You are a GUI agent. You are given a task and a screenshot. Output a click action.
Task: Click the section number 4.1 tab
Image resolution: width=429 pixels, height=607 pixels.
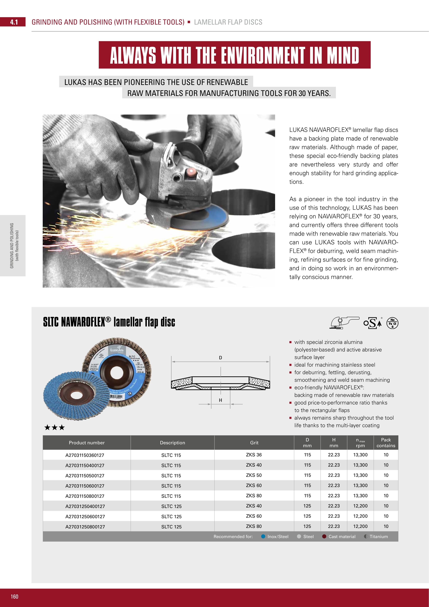pos(14,22)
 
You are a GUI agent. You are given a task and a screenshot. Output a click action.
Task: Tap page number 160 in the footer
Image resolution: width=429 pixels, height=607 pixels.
pos(15,596)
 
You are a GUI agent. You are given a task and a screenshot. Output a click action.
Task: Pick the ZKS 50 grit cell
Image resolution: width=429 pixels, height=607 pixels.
pos(254,475)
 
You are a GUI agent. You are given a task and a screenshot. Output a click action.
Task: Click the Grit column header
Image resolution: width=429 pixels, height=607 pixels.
pos(254,443)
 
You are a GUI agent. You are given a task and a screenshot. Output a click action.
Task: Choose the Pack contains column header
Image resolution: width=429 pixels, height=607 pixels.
pos(386,443)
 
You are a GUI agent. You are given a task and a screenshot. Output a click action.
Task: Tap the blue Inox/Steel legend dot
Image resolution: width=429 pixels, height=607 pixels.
pos(263,536)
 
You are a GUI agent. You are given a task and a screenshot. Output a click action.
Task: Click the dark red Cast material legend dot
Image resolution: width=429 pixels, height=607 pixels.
pos(324,536)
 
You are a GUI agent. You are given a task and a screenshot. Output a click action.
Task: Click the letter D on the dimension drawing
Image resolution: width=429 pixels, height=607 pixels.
pos(220,358)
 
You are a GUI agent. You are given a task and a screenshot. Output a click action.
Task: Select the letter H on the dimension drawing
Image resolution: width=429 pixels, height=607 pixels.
pos(220,400)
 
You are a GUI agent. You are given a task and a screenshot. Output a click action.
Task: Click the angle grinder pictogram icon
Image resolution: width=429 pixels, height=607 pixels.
pos(344,323)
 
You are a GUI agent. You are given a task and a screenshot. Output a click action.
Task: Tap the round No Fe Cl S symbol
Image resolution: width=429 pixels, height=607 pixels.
pos(392,323)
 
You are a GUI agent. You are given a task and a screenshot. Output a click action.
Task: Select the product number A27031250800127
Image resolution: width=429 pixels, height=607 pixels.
pos(85,527)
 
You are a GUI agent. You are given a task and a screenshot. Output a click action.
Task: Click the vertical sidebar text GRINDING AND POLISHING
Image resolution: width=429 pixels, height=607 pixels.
pos(12,246)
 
